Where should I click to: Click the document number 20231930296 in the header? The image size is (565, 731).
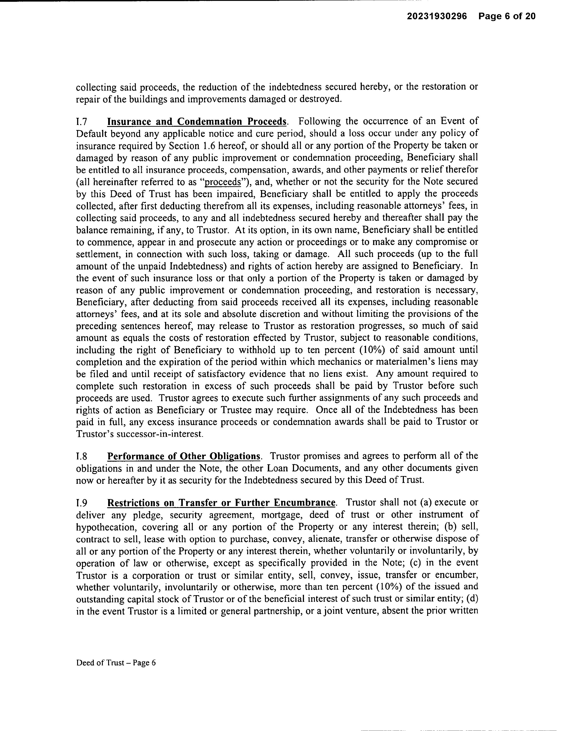point(437,16)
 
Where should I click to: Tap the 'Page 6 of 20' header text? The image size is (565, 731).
point(507,16)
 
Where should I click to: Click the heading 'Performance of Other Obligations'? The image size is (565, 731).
point(184,456)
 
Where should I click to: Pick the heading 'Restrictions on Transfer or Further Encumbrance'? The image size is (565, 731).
point(221,503)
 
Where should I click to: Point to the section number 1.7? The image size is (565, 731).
point(82,121)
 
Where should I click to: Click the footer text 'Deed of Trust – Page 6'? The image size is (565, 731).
point(116,663)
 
